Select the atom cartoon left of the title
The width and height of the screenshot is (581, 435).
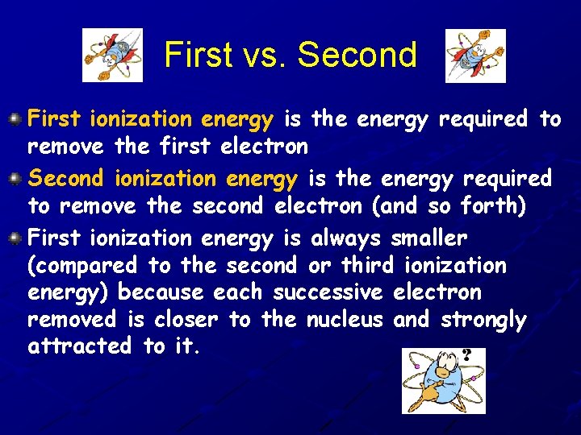[113, 55]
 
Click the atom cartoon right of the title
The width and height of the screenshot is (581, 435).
[475, 55]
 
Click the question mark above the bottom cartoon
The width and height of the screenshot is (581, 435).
[467, 355]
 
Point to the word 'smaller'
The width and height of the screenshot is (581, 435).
[428, 238]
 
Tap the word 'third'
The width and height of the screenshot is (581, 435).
[367, 266]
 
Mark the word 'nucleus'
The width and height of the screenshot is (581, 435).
[345, 320]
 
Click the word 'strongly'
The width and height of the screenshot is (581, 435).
[483, 321]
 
